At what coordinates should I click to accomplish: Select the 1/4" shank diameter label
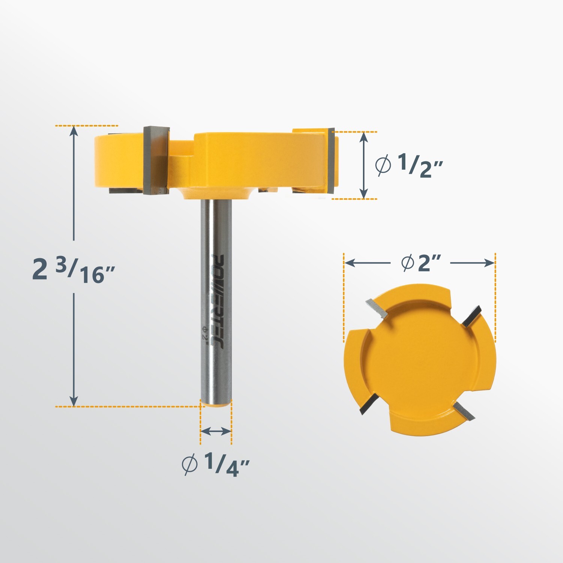(x=216, y=465)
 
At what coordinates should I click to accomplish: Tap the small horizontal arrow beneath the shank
(x=216, y=432)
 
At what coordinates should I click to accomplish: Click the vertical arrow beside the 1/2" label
(x=363, y=165)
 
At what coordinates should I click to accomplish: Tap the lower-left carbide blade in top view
(x=367, y=405)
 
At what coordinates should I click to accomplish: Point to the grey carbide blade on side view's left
(x=156, y=161)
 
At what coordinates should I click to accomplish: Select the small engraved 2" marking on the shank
(x=205, y=333)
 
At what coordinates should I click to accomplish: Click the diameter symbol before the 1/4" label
(x=190, y=465)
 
